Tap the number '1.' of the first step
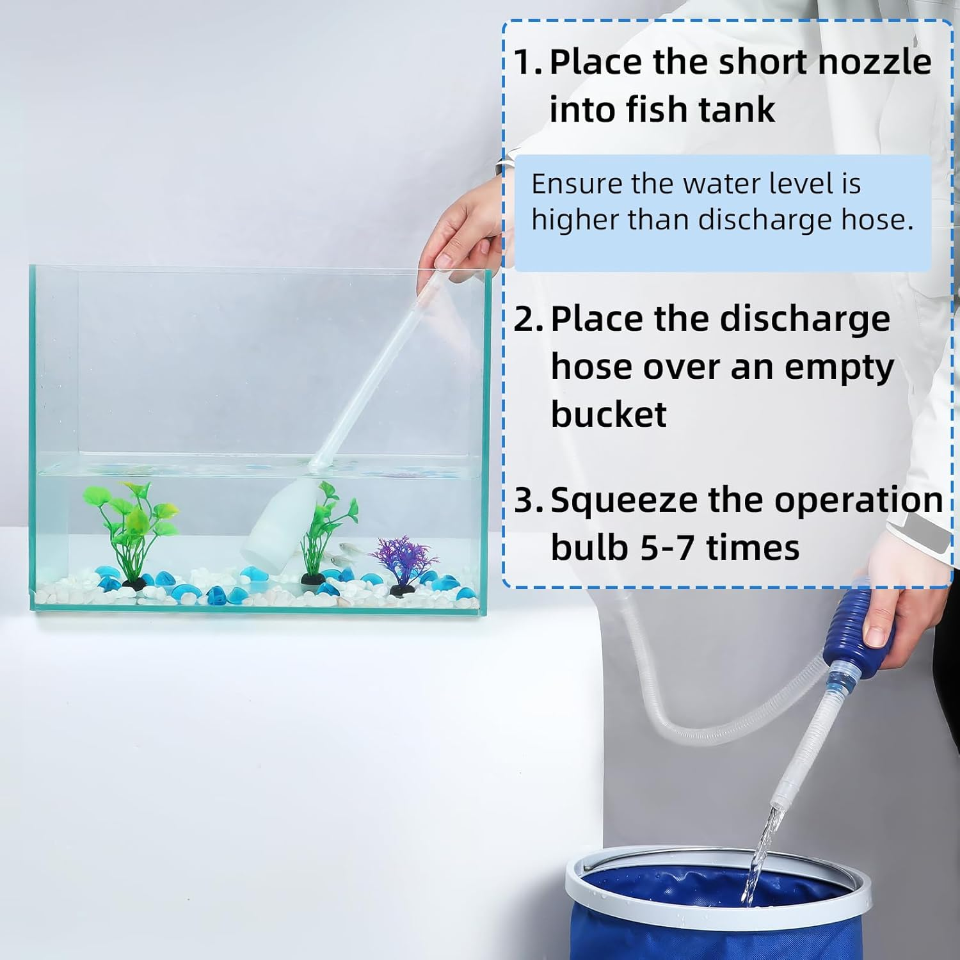pyautogui.click(x=529, y=62)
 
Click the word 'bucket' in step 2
pyautogui.click(x=609, y=414)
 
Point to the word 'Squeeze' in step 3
pyautogui.click(x=624, y=500)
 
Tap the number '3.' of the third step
pyautogui.click(x=529, y=500)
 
